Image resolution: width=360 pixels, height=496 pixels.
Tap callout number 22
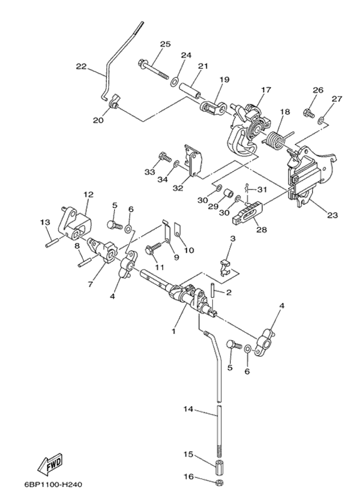[x=82, y=66]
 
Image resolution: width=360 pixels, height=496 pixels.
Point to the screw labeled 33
[x=163, y=158]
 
